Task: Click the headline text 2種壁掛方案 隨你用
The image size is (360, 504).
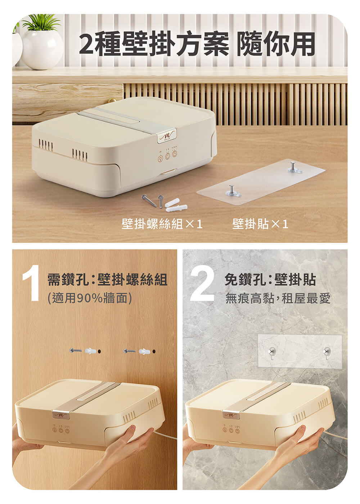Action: pyautogui.click(x=197, y=44)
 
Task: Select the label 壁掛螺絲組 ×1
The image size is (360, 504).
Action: pyautogui.click(x=162, y=224)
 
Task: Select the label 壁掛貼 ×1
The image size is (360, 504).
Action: pyautogui.click(x=260, y=224)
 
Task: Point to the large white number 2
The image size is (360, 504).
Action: pyautogui.click(x=202, y=282)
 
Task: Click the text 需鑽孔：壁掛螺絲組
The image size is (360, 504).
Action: pyautogui.click(x=107, y=280)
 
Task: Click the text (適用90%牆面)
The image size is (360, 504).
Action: pyautogui.click(x=89, y=298)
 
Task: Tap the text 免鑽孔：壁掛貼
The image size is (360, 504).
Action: pyautogui.click(x=270, y=280)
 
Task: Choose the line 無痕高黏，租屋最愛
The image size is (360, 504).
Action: pyautogui.click(x=278, y=298)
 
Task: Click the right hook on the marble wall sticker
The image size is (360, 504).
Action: pyautogui.click(x=327, y=352)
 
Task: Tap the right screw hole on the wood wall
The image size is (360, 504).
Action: pyautogui.click(x=154, y=351)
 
